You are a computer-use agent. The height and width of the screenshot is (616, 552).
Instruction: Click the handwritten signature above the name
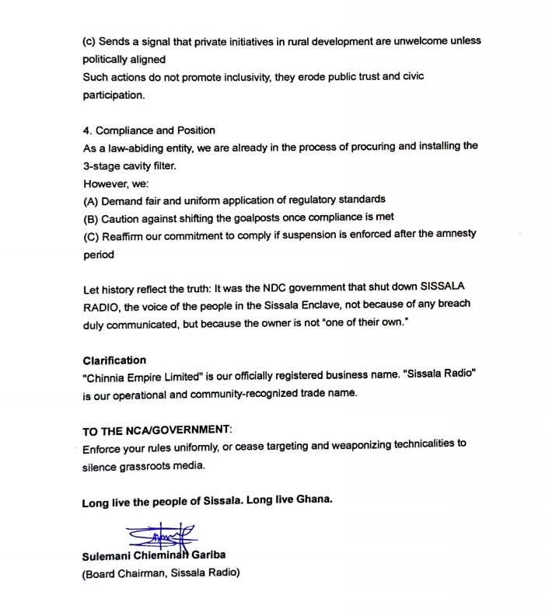pos(159,538)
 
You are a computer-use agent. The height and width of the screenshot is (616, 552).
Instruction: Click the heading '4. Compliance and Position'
pos(148,130)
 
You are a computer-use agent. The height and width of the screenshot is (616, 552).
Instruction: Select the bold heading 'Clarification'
pos(114,360)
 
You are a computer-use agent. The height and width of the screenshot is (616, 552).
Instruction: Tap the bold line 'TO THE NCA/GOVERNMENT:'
pos(156,430)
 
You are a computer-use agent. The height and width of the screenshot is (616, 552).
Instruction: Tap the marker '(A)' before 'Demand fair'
pos(92,199)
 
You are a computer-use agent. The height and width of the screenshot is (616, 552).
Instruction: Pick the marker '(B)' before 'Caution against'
pos(92,217)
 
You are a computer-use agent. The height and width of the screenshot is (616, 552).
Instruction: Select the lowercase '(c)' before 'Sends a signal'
pos(91,40)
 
